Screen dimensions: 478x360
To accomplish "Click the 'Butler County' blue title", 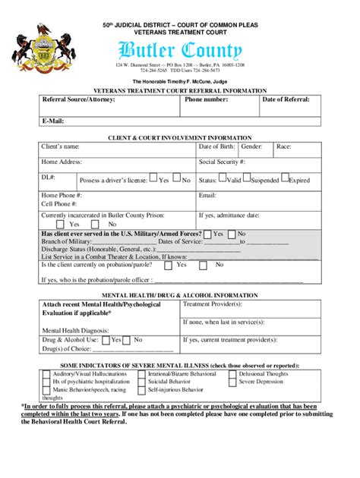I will [180, 51].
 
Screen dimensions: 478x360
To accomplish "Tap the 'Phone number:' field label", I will [206, 99].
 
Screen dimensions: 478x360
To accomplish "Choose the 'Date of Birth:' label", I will [216, 146].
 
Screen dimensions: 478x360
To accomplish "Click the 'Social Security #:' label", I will [222, 162].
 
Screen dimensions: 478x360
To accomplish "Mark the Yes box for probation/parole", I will [169, 265].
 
